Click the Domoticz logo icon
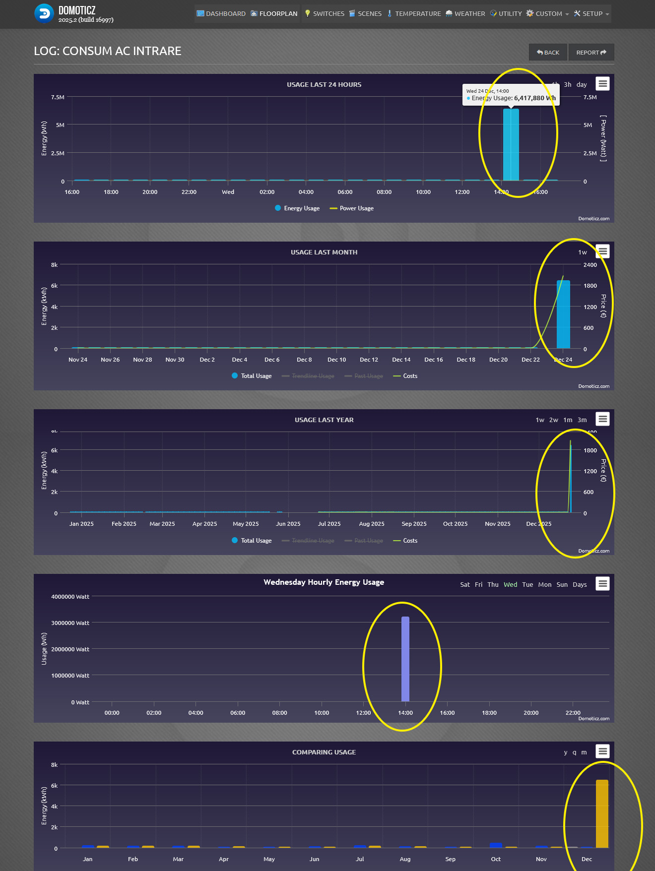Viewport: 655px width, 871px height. coord(44,14)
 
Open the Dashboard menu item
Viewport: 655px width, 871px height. coord(221,14)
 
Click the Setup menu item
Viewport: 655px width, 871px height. coord(591,14)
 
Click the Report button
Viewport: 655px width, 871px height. coord(591,53)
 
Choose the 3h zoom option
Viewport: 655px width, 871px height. coord(567,85)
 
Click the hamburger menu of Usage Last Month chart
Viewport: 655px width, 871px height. coord(602,251)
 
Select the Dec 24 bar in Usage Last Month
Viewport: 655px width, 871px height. coord(563,314)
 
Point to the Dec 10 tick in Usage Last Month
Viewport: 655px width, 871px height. coord(336,360)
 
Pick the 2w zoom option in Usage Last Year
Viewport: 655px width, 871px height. coord(553,420)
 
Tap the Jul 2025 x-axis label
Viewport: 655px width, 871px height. coord(329,524)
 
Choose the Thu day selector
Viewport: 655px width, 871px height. coord(493,585)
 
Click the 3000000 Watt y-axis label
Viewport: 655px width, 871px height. coord(70,623)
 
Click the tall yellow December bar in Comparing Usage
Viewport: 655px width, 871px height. coord(602,813)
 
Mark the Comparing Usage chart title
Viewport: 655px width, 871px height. coord(324,752)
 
